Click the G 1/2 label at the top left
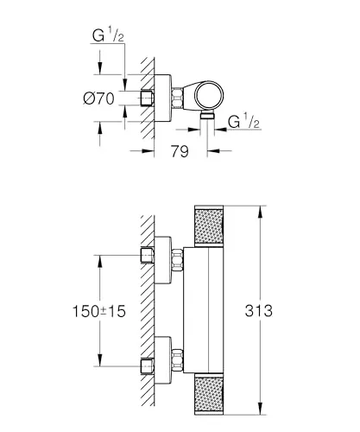pos(107,36)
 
